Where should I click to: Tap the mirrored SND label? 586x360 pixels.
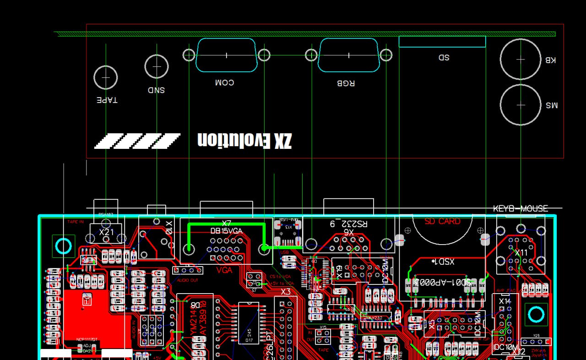click(156, 90)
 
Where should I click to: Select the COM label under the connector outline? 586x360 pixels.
click(224, 82)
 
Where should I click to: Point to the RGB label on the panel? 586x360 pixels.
click(346, 83)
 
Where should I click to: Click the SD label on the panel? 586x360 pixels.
click(444, 57)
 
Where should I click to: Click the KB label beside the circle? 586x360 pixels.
click(550, 60)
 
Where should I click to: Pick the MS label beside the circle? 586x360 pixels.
click(551, 105)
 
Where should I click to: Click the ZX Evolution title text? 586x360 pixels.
click(244, 140)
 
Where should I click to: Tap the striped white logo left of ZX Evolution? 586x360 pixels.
click(137, 141)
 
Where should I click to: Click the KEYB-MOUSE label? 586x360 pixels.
click(520, 209)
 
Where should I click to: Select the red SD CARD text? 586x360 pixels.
click(442, 221)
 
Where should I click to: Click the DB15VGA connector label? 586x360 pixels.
click(226, 231)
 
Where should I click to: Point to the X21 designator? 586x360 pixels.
click(107, 232)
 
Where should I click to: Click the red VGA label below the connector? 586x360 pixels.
click(224, 270)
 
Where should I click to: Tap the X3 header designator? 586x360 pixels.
click(286, 291)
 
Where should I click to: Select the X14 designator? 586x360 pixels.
click(505, 301)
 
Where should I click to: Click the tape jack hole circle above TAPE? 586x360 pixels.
click(106, 77)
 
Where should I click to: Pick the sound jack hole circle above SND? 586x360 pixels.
click(157, 66)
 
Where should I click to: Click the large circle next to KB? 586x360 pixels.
click(521, 59)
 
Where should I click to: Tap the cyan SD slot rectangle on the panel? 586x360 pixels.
click(442, 42)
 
